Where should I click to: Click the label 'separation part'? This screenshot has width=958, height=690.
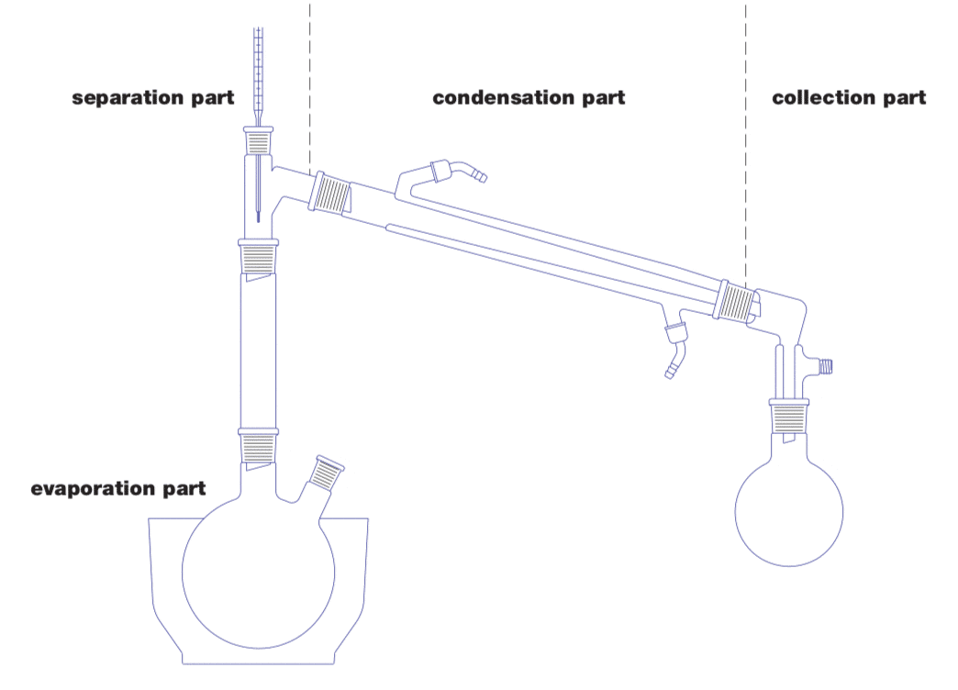pyautogui.click(x=153, y=98)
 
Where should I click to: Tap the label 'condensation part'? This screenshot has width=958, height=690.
pyautogui.click(x=529, y=97)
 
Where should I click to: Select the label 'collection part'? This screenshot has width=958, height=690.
pyautogui.click(x=849, y=97)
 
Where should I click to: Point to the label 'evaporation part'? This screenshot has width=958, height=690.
pyautogui.click(x=118, y=488)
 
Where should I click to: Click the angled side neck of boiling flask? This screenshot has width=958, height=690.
pyautogui.click(x=326, y=476)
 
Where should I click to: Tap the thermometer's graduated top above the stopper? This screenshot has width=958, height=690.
pyautogui.click(x=258, y=73)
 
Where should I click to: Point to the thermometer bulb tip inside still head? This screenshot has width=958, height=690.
pyautogui.click(x=259, y=217)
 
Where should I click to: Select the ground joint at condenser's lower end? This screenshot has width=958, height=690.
pyautogui.click(x=737, y=299)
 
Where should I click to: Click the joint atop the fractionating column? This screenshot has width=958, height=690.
pyautogui.click(x=259, y=256)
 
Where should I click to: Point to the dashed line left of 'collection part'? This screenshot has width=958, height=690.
pyautogui.click(x=745, y=138)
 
